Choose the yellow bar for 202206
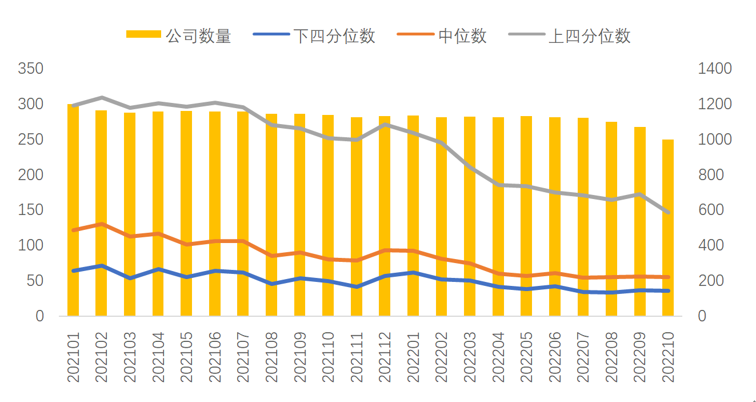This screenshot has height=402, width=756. [x=554, y=217]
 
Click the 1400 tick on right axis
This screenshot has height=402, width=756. [x=714, y=69]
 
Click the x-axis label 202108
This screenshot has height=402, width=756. [x=271, y=357]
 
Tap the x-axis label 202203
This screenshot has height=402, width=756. [x=470, y=357]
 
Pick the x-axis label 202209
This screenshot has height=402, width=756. [x=639, y=357]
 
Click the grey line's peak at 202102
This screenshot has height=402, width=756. [x=101, y=98]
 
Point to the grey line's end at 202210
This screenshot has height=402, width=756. [x=667, y=212]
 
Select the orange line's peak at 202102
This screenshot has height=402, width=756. [x=101, y=224]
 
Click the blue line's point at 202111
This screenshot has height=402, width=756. [x=356, y=286]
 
